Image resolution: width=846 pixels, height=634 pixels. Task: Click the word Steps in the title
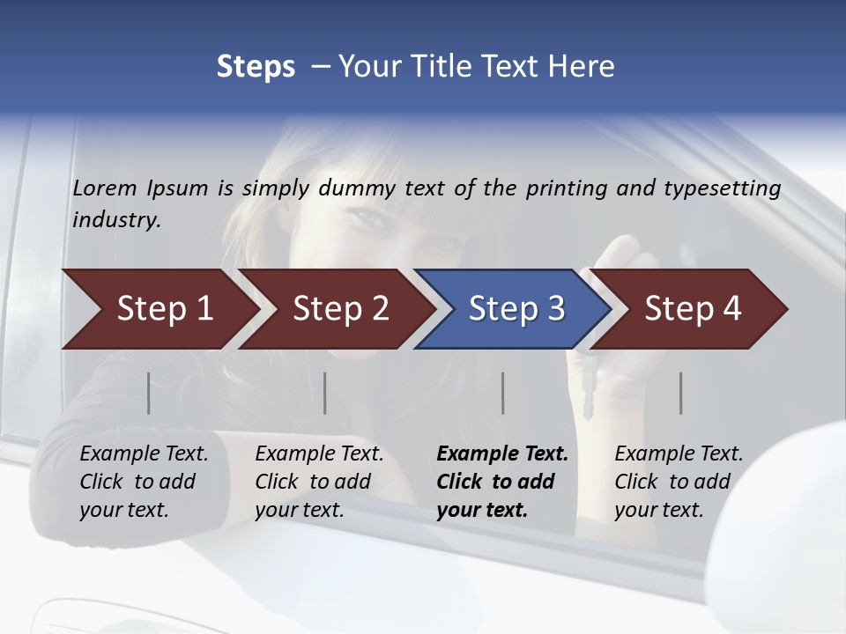pos(256,67)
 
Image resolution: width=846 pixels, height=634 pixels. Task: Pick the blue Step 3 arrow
pos(516,309)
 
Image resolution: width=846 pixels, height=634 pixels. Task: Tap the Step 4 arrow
pos(692,309)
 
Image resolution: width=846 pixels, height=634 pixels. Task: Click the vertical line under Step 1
pos(149,393)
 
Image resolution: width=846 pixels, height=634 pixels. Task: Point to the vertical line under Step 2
pos(325,393)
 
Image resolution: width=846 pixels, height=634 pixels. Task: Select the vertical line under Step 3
pos(503,393)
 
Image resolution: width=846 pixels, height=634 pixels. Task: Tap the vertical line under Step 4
pos(681,393)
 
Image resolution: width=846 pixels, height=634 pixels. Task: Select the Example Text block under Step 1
pos(144,482)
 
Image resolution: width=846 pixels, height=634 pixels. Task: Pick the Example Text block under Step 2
pos(319,482)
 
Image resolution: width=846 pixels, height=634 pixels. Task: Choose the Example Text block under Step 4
pos(679,482)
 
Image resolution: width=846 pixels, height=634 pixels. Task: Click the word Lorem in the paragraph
pos(105,188)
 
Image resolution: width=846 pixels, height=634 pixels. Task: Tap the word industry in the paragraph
pos(116,220)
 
